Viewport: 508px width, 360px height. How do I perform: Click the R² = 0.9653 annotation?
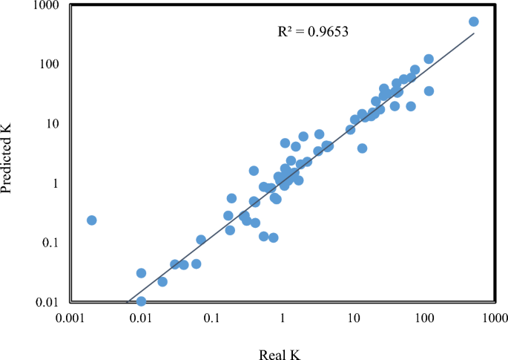[x=313, y=32]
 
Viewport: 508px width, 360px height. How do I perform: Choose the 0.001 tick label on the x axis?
[x=71, y=318]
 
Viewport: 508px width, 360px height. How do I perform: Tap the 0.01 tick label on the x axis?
[x=142, y=318]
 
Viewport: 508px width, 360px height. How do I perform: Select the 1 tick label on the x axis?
[x=283, y=318]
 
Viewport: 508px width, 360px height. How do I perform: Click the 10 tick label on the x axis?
[x=353, y=318]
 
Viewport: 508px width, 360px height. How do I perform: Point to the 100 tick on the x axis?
[x=423, y=318]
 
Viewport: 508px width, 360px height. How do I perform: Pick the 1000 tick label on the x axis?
[x=493, y=318]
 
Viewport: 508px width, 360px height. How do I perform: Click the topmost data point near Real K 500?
[x=474, y=22]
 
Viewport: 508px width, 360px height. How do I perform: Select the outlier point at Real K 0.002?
[x=92, y=220]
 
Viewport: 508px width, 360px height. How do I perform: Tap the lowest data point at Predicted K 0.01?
[x=141, y=301]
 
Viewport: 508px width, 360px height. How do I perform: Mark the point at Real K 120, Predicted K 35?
[x=429, y=91]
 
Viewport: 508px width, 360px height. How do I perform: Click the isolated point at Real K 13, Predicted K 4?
[x=362, y=148]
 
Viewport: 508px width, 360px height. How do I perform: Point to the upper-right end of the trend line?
[x=474, y=33]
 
